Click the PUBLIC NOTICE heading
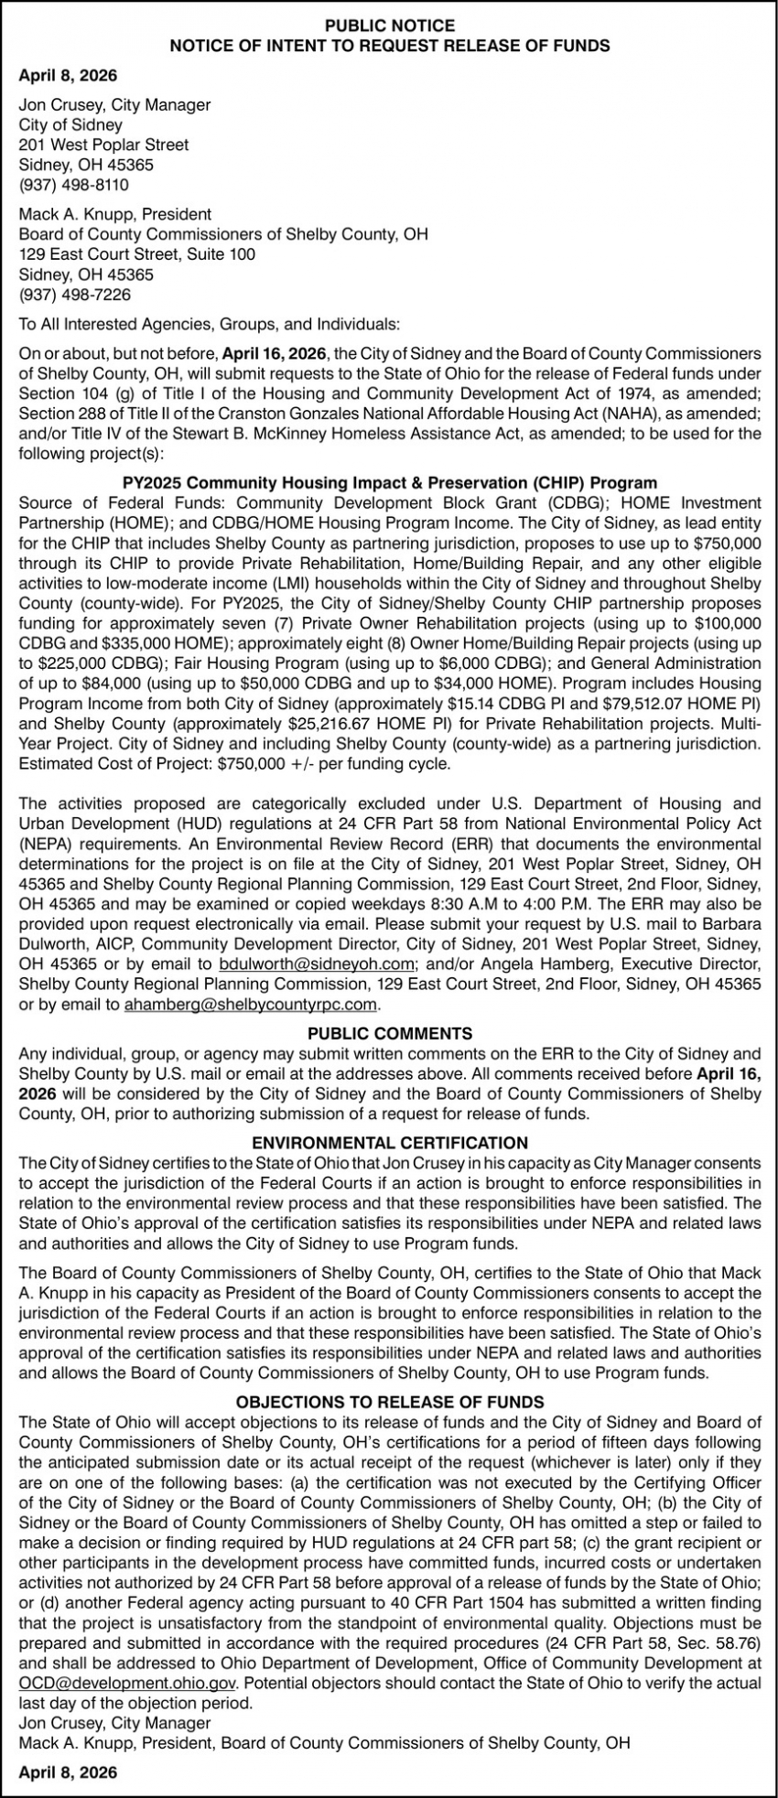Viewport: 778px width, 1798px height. [389, 26]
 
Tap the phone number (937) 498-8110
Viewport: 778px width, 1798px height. [74, 185]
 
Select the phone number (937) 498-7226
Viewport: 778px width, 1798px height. [74, 295]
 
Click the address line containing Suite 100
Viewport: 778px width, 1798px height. [137, 254]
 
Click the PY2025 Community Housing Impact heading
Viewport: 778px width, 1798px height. [389, 482]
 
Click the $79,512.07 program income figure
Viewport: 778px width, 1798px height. [636, 704]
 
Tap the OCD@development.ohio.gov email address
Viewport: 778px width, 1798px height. [127, 1683]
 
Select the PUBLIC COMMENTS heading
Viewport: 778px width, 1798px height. [389, 1034]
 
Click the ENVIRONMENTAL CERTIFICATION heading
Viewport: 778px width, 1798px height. [389, 1143]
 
